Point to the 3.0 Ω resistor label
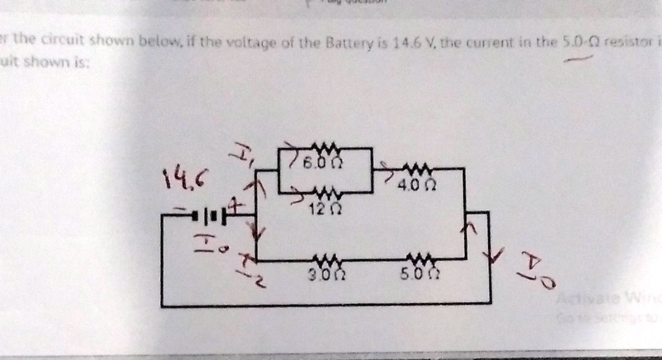pyautogui.click(x=321, y=276)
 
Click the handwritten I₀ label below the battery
pyautogui.click(x=205, y=244)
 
